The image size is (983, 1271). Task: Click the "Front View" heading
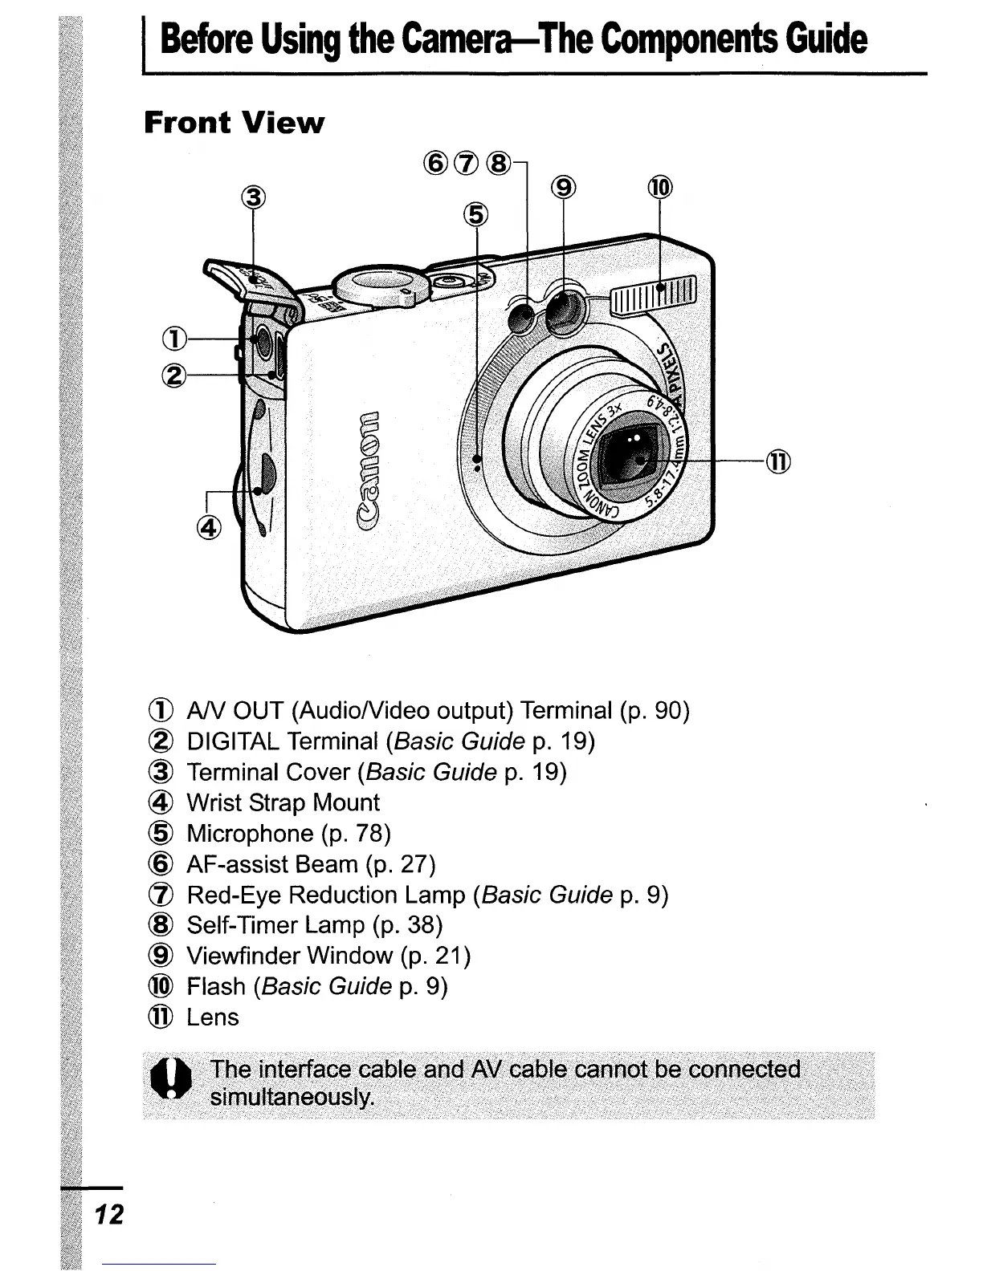coord(234,123)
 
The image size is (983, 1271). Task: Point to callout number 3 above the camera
coord(253,196)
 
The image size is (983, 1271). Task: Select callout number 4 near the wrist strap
coord(207,527)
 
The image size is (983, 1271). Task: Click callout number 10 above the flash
coord(659,188)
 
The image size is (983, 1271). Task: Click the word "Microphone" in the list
coord(250,834)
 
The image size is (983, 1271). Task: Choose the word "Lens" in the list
coord(213,1017)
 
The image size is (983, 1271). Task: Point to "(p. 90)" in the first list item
coord(655,711)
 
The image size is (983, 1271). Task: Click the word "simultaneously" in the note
coord(292,1097)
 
